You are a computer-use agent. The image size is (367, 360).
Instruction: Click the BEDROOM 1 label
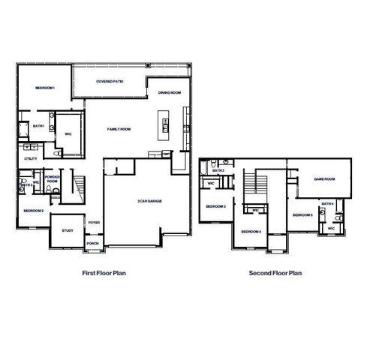pos(47,89)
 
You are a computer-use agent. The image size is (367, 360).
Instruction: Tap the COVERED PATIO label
pos(110,81)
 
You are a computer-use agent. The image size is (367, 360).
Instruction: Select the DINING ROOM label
pos(170,93)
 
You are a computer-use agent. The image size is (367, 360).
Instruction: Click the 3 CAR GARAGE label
pos(150,200)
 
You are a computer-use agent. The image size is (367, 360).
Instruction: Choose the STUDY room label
pos(67,230)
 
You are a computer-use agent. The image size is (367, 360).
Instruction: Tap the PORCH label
pos(93,243)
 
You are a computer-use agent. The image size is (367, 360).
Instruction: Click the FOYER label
pos(94,222)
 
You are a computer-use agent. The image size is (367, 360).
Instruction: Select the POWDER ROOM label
pos(53,179)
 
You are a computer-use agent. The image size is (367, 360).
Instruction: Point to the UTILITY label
pos(31,158)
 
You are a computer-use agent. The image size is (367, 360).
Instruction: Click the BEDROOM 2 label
pos(33,211)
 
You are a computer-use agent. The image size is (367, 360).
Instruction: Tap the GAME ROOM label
pos(323,179)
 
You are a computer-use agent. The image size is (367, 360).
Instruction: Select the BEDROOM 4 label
pos(251,232)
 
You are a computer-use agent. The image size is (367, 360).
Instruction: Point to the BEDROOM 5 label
pos(302,215)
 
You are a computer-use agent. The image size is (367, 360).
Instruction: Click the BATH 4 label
pos(327,203)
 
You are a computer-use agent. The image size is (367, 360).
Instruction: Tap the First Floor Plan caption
pos(104,273)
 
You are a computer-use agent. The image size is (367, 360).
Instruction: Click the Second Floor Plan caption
pos(275,273)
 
